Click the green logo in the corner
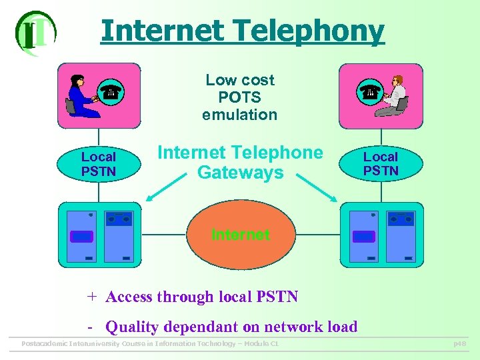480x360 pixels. (35, 33)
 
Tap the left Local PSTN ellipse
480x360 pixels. (99, 164)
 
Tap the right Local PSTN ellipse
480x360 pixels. (381, 164)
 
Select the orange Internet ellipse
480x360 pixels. (240, 235)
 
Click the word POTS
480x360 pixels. (240, 97)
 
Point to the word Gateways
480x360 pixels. (240, 173)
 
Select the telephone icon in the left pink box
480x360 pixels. (109, 93)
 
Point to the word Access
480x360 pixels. (129, 297)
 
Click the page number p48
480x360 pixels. (459, 343)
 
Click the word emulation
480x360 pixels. (240, 115)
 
